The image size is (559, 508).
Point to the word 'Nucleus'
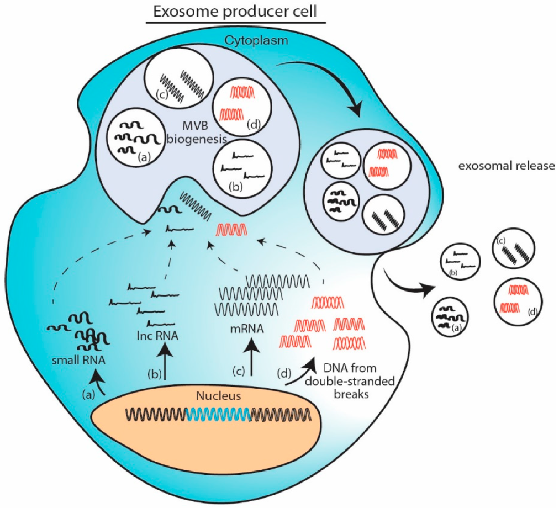217,396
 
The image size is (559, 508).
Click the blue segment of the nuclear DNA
218,414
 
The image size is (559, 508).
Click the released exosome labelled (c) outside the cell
513,248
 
